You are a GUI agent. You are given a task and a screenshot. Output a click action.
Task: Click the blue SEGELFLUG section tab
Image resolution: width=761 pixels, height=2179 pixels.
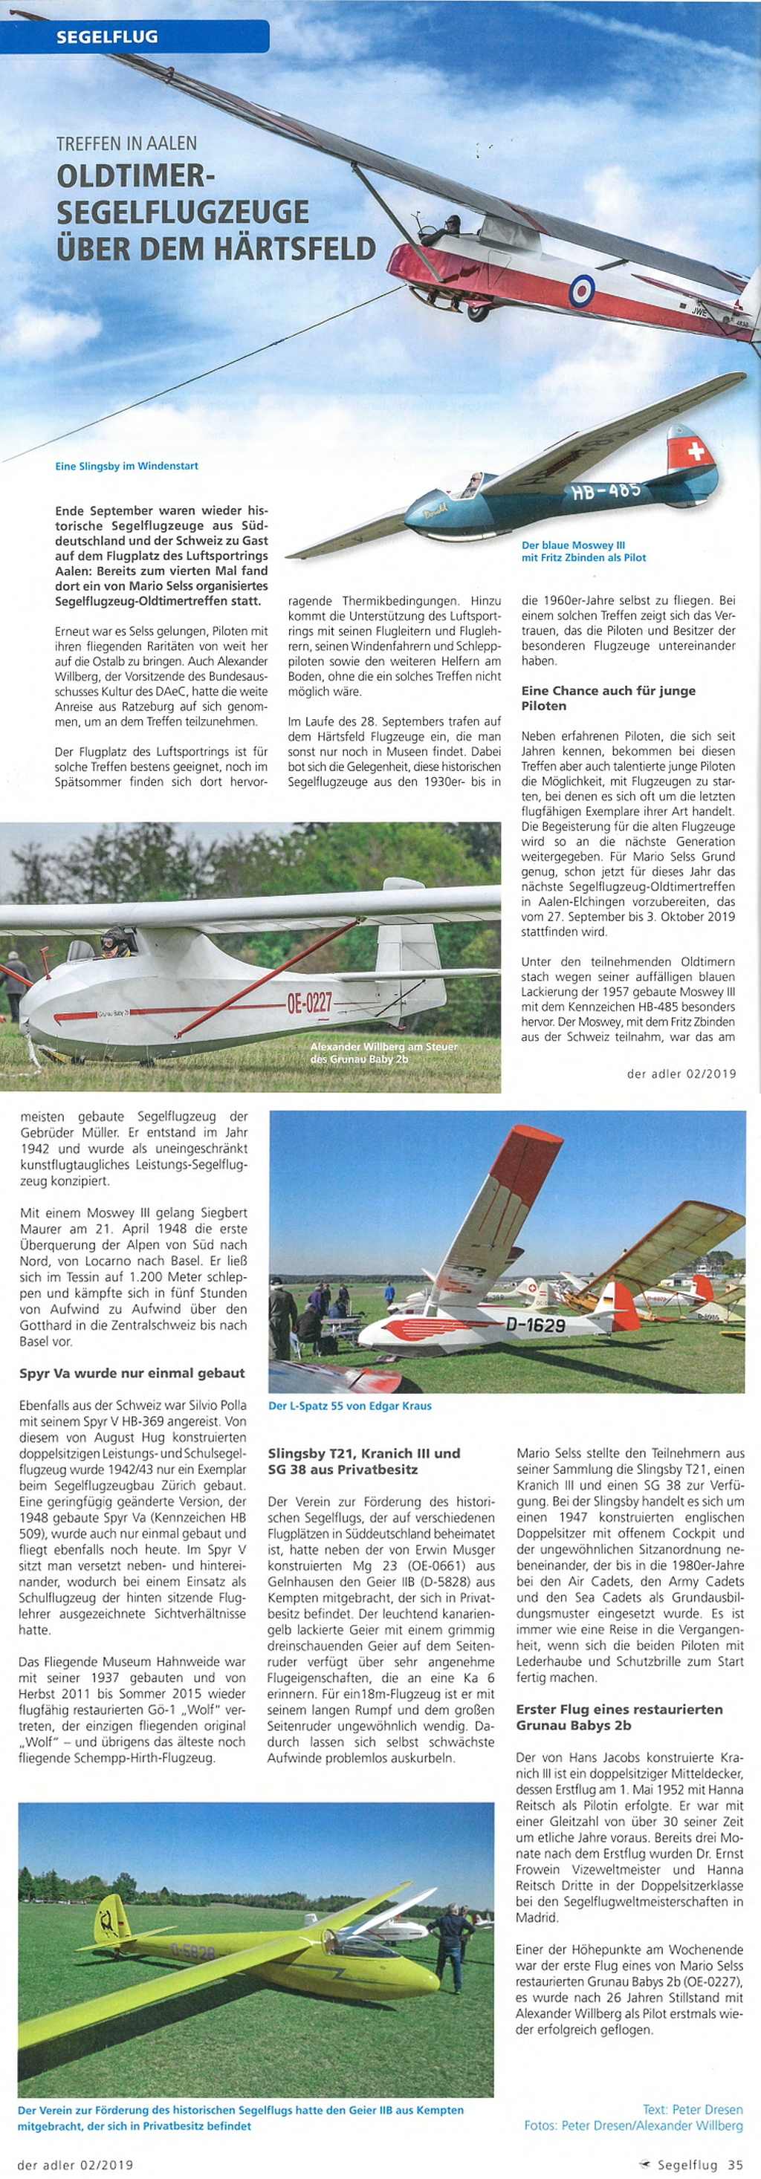point(108,36)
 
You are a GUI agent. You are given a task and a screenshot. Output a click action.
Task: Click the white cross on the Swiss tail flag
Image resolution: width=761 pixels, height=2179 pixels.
point(696,451)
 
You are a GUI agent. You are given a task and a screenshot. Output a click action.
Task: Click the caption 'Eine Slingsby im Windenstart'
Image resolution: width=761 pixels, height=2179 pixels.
point(126,466)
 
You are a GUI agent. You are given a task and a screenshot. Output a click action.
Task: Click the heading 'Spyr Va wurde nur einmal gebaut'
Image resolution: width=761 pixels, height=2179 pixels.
point(132,1373)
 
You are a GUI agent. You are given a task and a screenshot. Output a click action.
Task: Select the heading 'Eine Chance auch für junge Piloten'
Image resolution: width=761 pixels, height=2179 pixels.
point(608,698)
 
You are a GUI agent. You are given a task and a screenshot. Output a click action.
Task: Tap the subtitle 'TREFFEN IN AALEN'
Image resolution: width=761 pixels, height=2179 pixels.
point(126,144)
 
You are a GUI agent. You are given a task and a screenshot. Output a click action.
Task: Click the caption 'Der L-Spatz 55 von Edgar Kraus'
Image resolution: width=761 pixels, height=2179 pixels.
point(349,1406)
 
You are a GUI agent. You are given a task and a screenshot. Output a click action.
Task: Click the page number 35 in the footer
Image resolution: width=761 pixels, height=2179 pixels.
point(736,2165)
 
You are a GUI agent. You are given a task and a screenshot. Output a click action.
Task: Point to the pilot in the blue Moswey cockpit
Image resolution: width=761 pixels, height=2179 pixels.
point(473,483)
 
